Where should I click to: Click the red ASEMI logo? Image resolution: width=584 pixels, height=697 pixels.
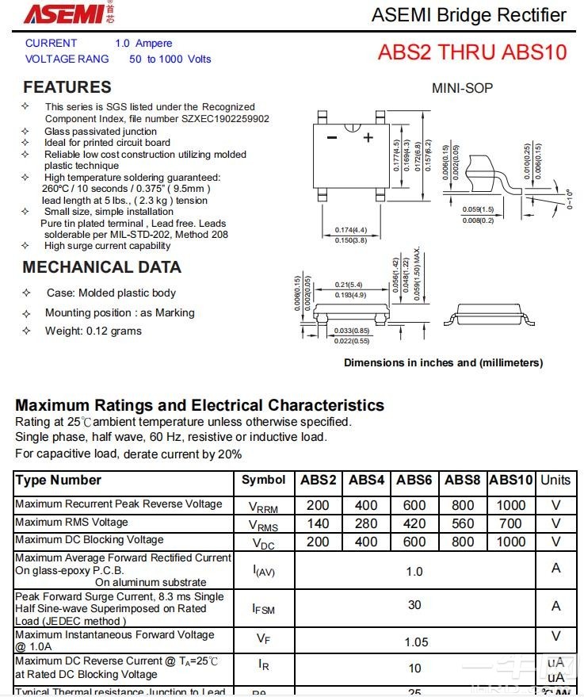(x=63, y=13)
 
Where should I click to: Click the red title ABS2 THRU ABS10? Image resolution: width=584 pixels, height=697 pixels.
(x=472, y=52)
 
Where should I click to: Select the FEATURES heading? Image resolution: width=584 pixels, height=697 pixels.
(x=67, y=87)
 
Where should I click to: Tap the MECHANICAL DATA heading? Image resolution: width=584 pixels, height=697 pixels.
(x=101, y=267)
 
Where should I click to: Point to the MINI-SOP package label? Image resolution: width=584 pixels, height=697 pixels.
(x=462, y=88)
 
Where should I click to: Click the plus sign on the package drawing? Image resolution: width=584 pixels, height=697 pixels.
(x=368, y=137)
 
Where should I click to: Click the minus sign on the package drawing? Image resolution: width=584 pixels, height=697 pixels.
(x=331, y=138)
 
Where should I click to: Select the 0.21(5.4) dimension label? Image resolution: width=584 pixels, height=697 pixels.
(x=349, y=284)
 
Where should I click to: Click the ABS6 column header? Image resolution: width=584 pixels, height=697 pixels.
(x=414, y=480)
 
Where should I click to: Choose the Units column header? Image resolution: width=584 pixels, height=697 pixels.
(x=555, y=480)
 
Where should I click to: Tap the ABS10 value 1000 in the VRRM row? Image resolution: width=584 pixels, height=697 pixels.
(x=510, y=505)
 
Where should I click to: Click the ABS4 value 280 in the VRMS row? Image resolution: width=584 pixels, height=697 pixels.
(x=366, y=523)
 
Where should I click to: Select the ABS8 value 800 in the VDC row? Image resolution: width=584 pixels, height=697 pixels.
(x=463, y=542)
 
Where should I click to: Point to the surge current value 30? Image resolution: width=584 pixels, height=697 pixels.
(x=414, y=605)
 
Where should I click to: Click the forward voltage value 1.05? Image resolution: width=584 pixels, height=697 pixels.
(x=416, y=642)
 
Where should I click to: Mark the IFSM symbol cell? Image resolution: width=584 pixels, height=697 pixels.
(x=263, y=608)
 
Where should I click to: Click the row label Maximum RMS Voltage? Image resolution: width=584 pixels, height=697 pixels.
(x=71, y=523)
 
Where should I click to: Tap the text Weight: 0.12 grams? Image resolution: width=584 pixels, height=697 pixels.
(x=93, y=331)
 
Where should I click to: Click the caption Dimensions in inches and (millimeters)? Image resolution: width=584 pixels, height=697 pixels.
(x=443, y=362)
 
